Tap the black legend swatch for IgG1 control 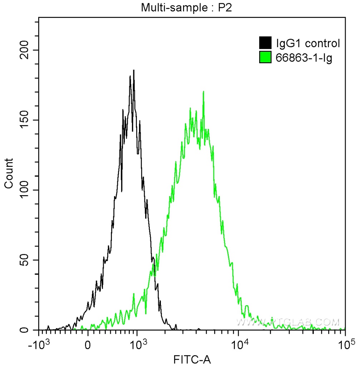265,43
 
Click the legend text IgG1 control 308,44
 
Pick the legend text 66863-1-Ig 304,58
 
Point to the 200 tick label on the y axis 27,50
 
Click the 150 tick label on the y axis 27,120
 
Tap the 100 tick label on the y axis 27,190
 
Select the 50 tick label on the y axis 29,260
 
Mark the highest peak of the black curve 133,70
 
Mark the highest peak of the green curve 203,92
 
